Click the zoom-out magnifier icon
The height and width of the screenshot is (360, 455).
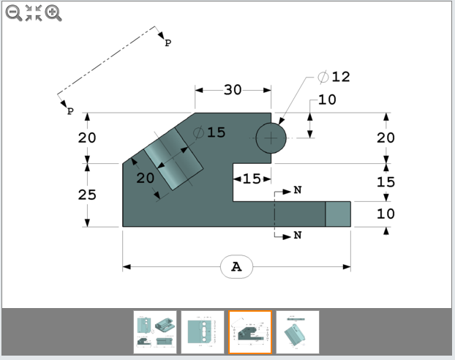pos(13,12)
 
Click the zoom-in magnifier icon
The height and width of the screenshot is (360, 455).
pos(53,12)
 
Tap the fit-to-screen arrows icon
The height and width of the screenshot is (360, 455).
pos(34,12)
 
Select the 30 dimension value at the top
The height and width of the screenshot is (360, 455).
pos(232,89)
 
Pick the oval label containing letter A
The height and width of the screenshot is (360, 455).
pos(236,267)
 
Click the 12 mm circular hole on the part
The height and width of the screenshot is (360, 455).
pos(271,138)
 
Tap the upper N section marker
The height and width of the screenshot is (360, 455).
pos(297,190)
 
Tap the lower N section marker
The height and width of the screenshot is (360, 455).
pos(297,235)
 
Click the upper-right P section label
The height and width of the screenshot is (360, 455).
pos(168,43)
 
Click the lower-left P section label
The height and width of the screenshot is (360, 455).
pos(70,111)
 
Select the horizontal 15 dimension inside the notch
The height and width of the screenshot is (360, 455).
pos(252,179)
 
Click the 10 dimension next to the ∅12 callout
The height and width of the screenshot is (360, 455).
pos(327,100)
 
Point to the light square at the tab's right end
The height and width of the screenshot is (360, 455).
pos(337,214)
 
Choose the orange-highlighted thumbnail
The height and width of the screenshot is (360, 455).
pos(250,332)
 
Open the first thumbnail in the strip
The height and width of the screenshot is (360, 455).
pos(155,332)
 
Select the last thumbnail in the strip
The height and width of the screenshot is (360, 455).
pos(297,332)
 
